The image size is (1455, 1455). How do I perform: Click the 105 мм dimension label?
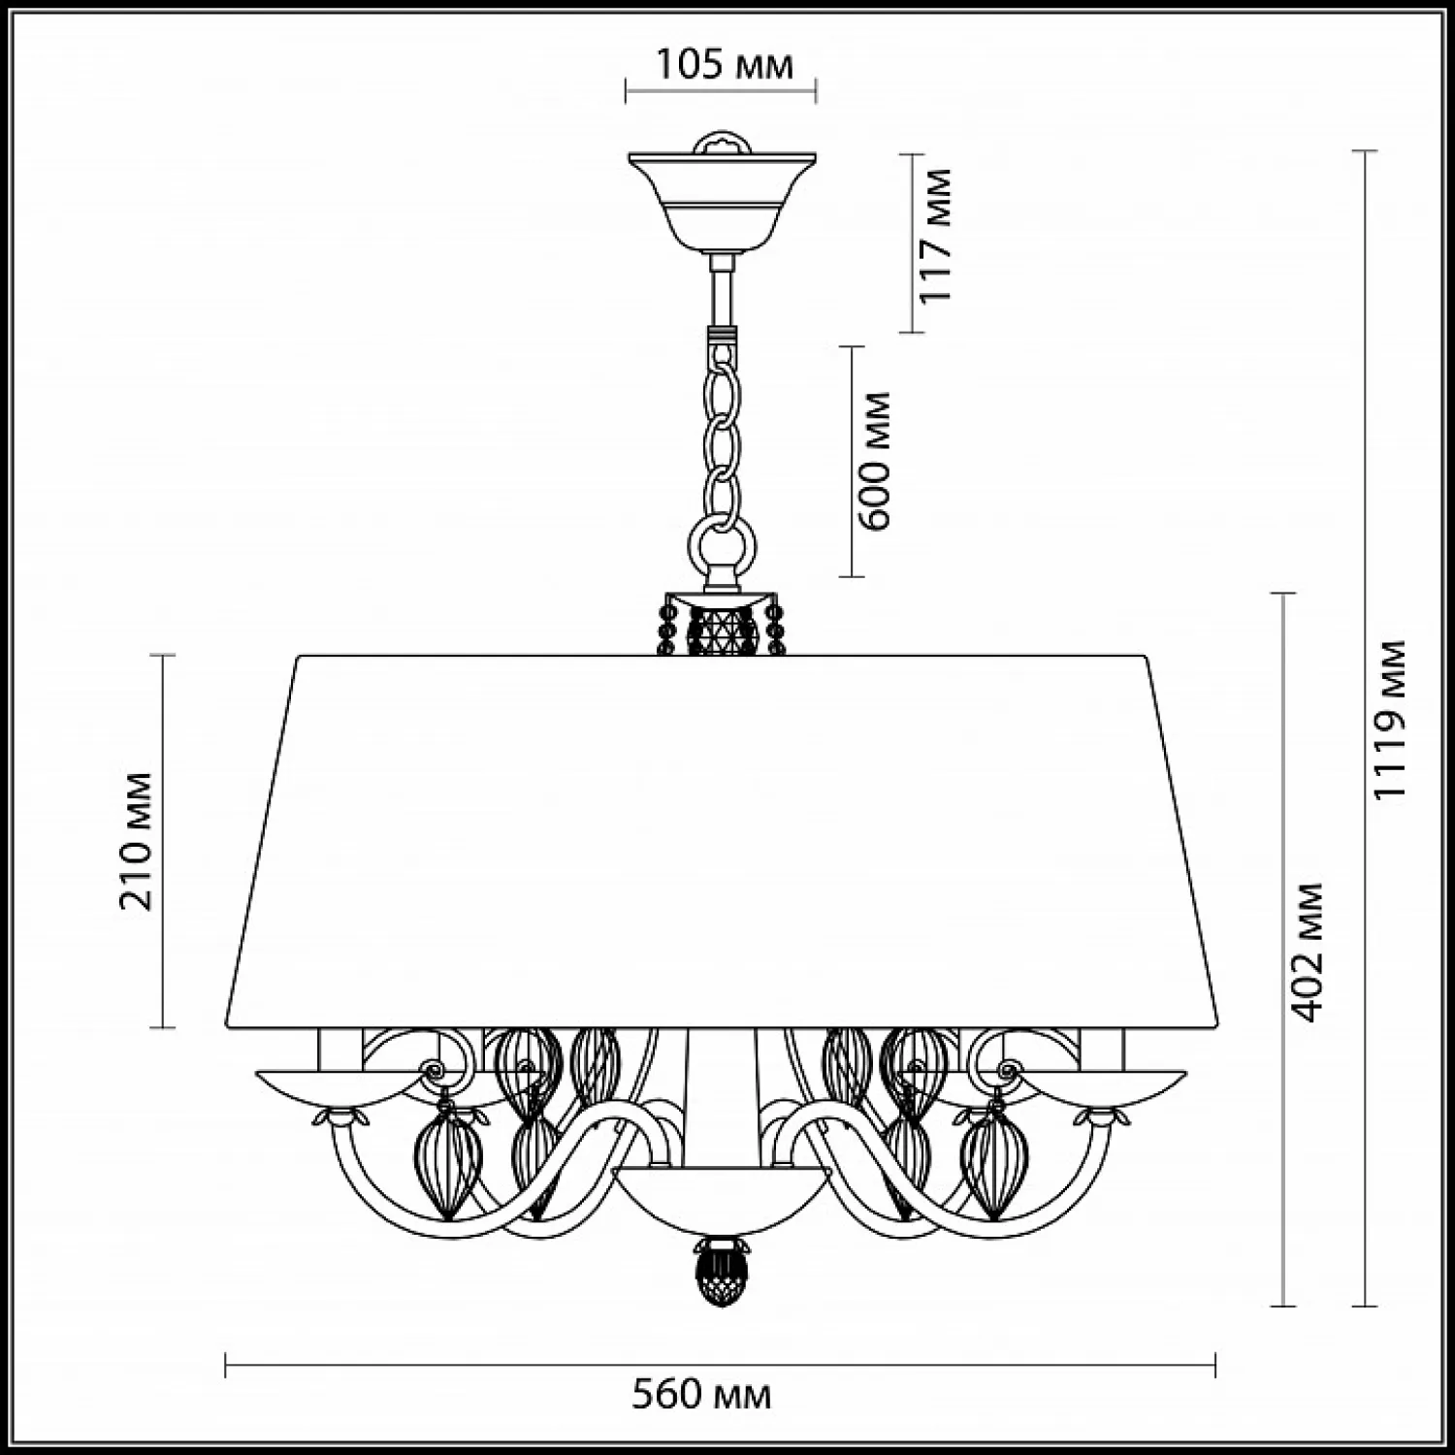(x=725, y=64)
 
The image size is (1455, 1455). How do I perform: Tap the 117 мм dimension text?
(x=935, y=236)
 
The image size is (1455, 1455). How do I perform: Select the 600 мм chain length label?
(x=875, y=460)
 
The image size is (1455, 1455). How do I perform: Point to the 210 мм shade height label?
(x=136, y=841)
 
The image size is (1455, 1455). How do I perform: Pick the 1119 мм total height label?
(x=1390, y=719)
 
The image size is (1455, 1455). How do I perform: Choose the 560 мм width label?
(x=701, y=1395)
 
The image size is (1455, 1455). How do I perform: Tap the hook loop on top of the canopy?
(x=722, y=140)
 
